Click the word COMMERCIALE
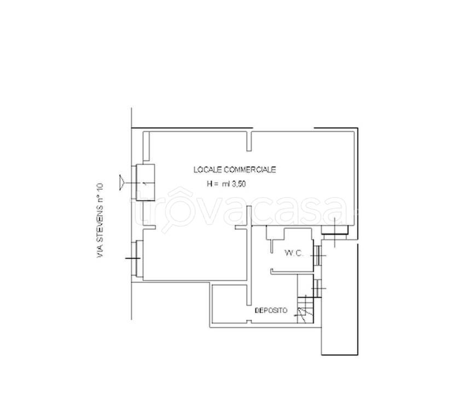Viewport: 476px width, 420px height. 250,170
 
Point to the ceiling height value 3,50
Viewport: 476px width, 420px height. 239,184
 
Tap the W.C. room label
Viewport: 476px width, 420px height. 294,253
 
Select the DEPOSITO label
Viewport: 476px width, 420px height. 271,311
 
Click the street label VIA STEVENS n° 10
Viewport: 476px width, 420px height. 100,220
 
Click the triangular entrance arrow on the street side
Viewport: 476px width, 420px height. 121,183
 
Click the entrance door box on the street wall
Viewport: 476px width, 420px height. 145,183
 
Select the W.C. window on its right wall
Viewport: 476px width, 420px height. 317,255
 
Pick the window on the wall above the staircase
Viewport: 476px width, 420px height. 317,288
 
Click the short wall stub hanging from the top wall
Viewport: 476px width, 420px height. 249,141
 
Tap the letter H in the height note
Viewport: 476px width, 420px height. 210,184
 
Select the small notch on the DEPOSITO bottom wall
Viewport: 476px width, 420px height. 249,322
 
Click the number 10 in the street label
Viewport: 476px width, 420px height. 100,187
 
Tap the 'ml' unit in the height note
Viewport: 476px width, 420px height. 226,184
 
